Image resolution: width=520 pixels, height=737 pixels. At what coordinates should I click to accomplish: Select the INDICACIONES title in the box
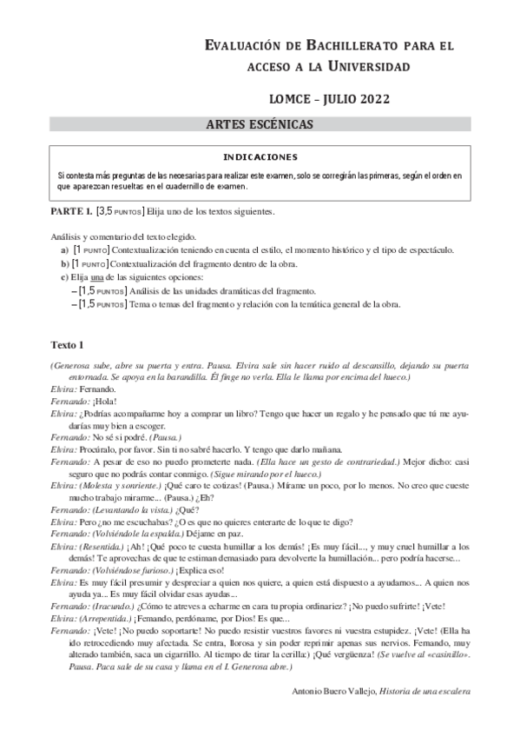pyautogui.click(x=260, y=157)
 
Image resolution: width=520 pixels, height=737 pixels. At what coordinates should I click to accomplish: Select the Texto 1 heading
pyautogui.click(x=67, y=344)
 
